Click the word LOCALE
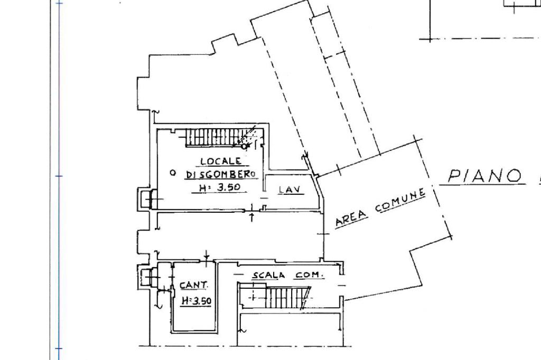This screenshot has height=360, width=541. pyautogui.click(x=221, y=161)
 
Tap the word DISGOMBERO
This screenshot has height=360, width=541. pyautogui.click(x=221, y=174)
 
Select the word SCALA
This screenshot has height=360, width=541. pyautogui.click(x=269, y=275)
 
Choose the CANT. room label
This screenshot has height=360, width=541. pyautogui.click(x=194, y=285)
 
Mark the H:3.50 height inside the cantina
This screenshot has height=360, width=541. pyautogui.click(x=196, y=301)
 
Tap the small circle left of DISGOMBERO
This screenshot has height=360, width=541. pyautogui.click(x=172, y=173)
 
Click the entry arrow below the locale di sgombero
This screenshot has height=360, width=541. pyautogui.click(x=252, y=216)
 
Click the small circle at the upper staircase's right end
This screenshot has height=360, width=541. pyautogui.click(x=244, y=146)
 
